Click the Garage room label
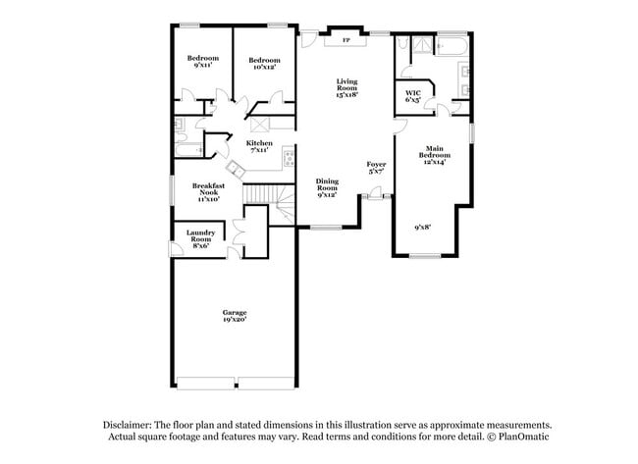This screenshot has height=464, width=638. (234, 312)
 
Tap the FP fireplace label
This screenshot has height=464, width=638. (346, 41)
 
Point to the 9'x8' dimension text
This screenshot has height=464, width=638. (423, 228)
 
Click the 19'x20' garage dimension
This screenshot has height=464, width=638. (234, 319)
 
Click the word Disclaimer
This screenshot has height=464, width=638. (131, 425)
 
